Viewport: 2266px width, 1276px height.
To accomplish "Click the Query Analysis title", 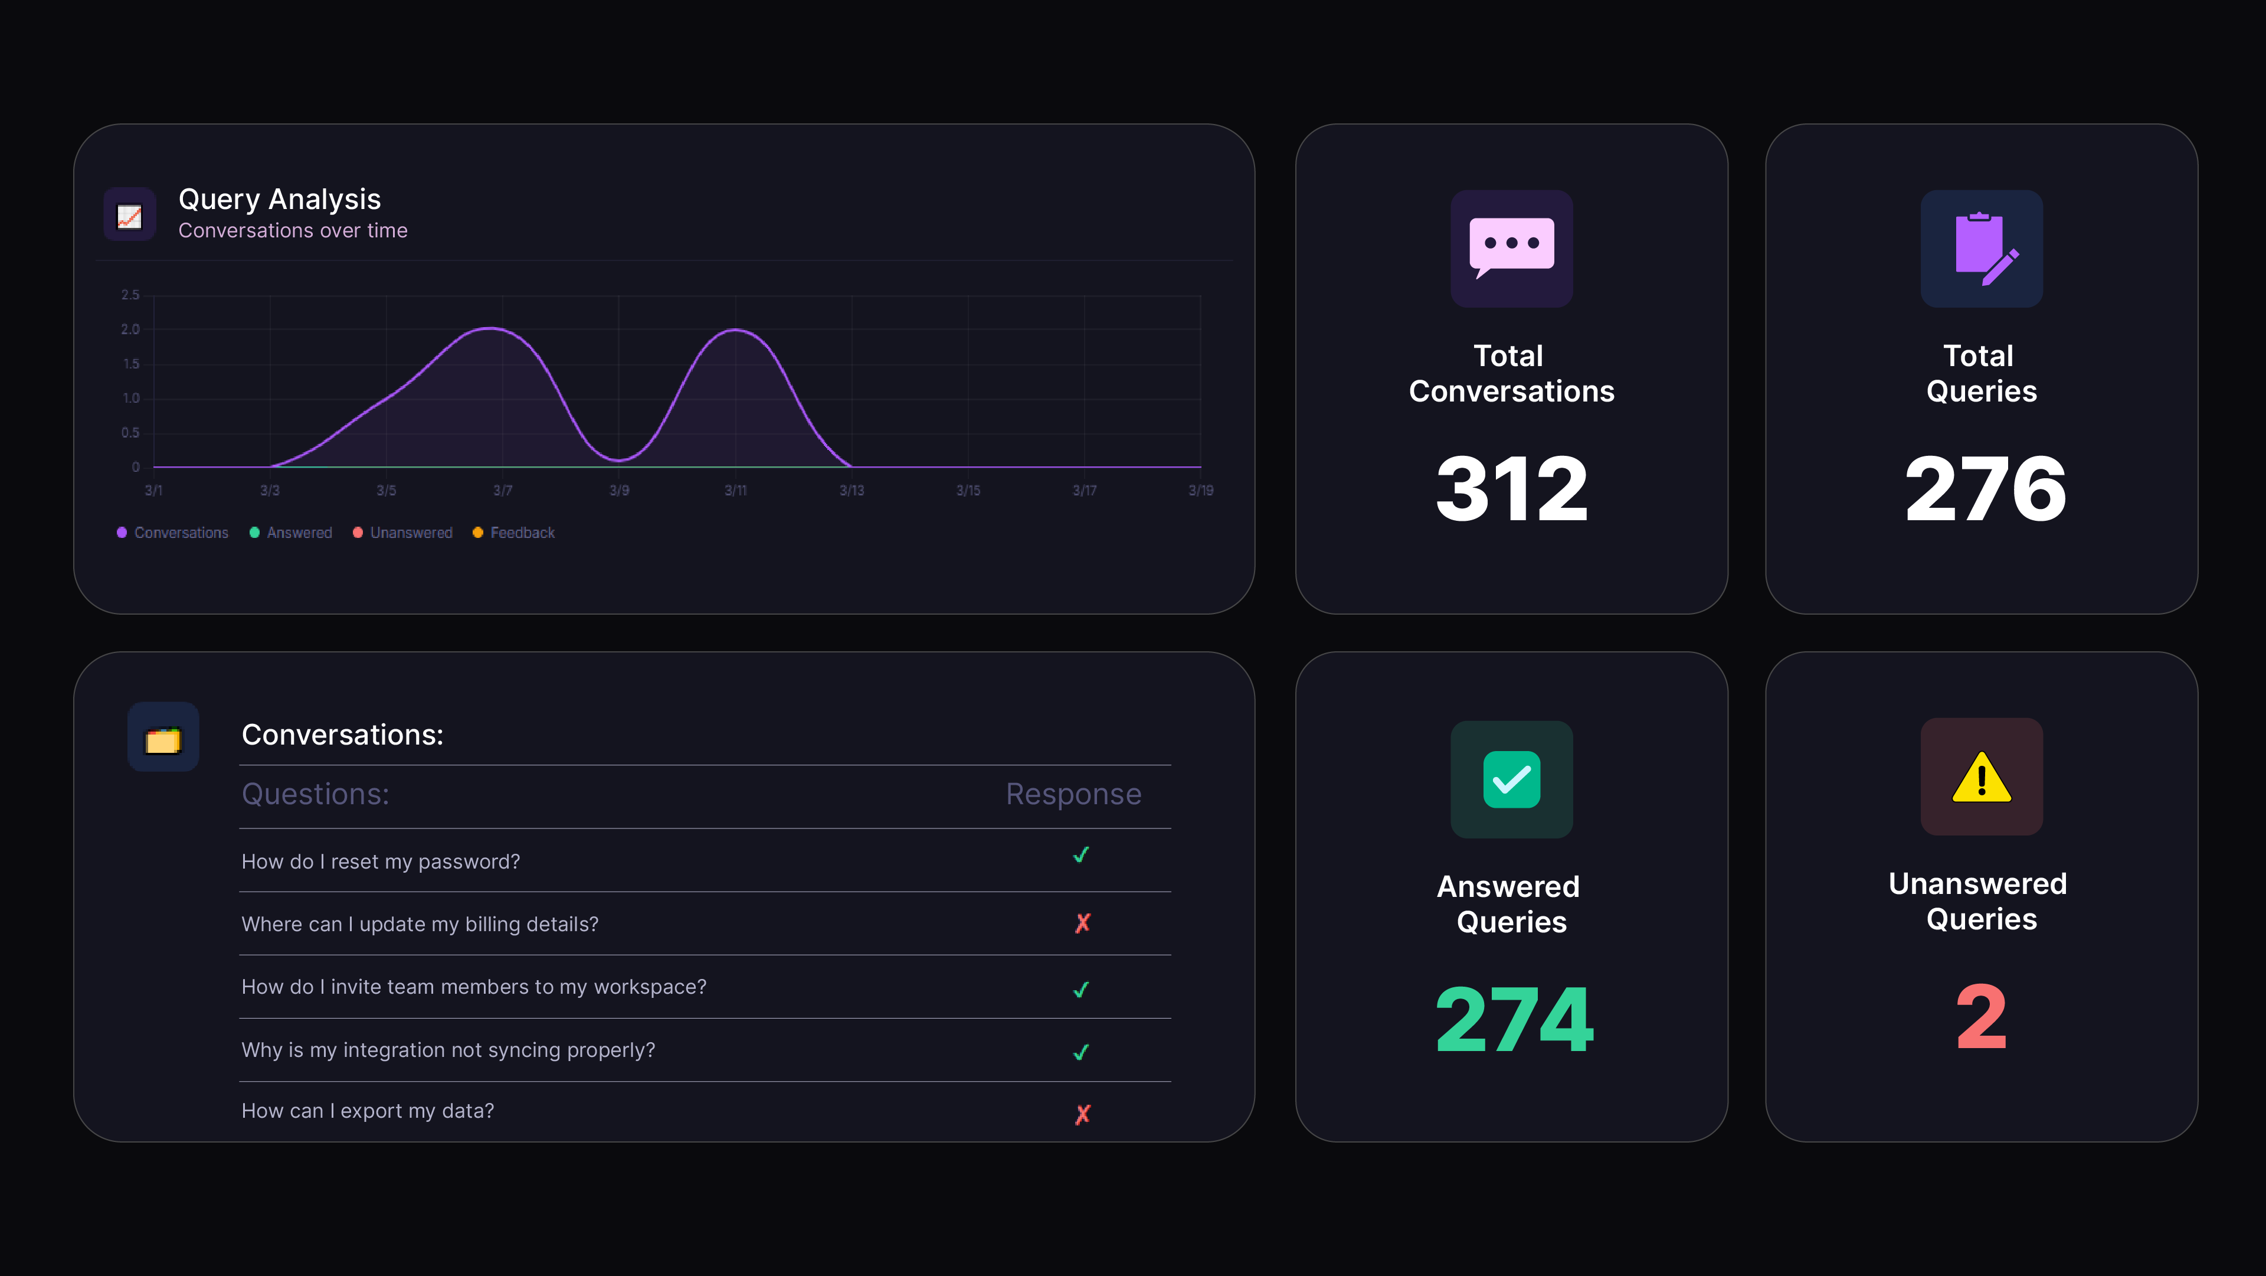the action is point(280,200).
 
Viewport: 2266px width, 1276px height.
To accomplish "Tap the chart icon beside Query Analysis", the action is point(129,215).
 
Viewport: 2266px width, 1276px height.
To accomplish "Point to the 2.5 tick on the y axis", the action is point(130,295).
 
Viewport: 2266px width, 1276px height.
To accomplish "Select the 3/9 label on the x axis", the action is point(619,490).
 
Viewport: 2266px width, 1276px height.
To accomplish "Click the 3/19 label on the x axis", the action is point(1201,490).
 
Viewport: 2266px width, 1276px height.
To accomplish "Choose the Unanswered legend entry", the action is point(403,533).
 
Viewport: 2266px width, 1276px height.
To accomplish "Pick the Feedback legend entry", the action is point(514,533).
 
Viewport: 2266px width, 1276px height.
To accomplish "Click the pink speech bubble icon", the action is point(1511,248).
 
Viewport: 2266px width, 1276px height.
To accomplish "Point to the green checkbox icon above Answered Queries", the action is point(1511,779).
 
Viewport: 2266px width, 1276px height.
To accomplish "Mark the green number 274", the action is point(1514,1019).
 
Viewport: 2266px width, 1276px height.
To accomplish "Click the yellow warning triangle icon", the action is point(1981,778).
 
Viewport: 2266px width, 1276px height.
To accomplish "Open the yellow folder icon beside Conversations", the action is point(163,740).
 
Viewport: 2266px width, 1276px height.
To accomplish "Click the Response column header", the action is point(1073,794).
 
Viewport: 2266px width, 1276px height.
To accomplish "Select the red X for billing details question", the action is point(1083,922).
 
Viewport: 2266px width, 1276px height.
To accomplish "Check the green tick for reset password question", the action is point(1081,854).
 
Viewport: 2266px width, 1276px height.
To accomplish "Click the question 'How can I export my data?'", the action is point(368,1111).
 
